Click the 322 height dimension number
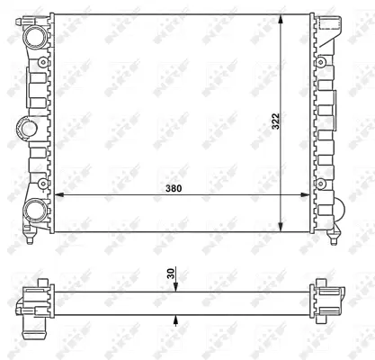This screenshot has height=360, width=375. pos(278,121)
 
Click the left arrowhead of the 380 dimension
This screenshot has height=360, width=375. pos(59,193)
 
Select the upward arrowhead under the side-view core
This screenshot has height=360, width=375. pos(176,317)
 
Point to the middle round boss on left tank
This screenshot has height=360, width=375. pos(25,126)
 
